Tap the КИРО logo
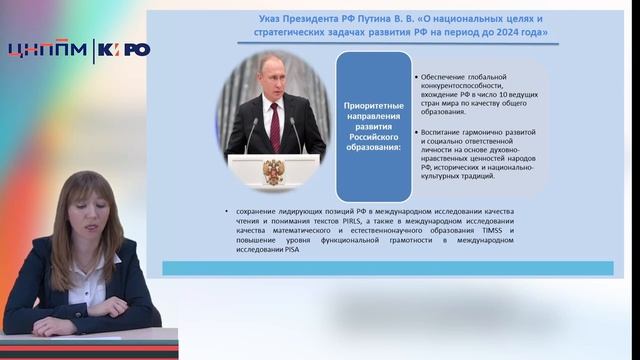click(124, 50)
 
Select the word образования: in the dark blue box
click(372, 148)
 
